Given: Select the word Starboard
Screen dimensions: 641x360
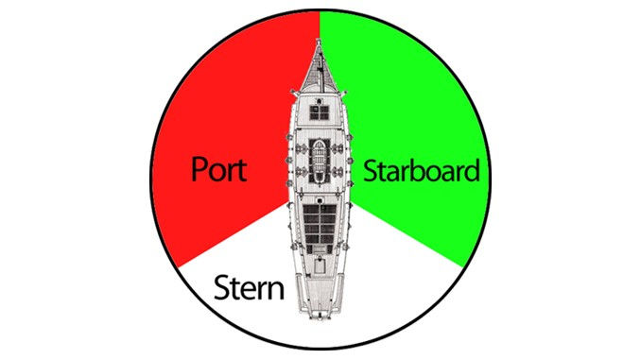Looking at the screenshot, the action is (x=422, y=172).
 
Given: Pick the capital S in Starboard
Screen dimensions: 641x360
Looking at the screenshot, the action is (x=371, y=172).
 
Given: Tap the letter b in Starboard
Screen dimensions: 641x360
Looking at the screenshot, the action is (x=422, y=171).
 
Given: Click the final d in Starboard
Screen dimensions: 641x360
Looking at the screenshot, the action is (x=471, y=171).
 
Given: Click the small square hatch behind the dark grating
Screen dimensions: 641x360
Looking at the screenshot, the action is (x=320, y=260).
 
